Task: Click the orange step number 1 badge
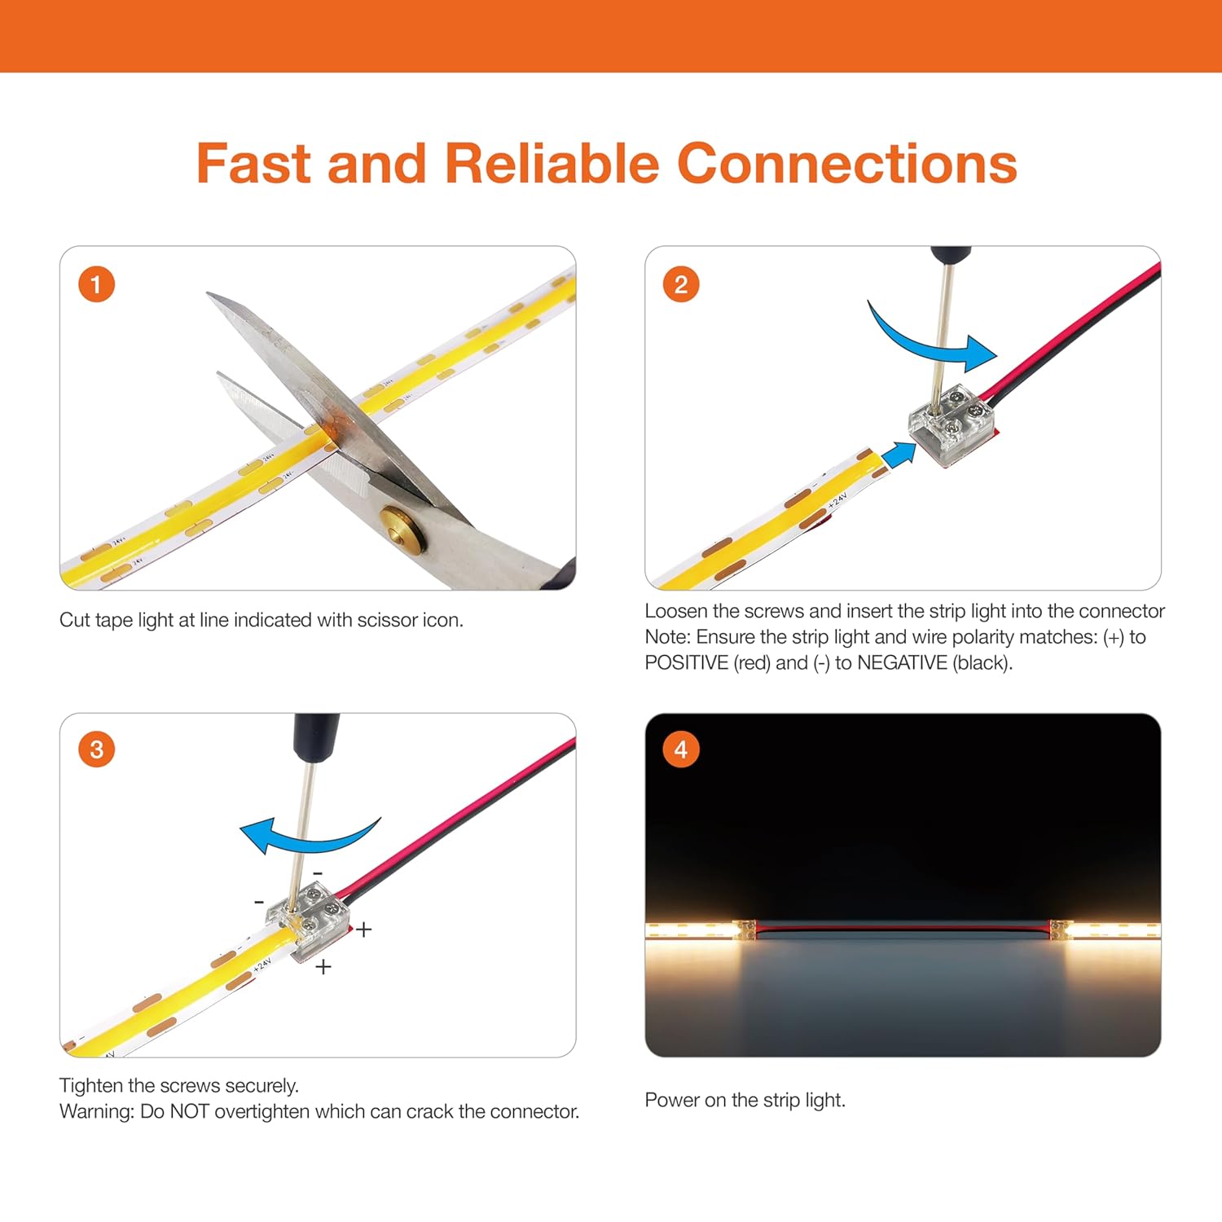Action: [96, 284]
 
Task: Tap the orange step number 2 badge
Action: [681, 284]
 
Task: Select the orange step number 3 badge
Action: [96, 749]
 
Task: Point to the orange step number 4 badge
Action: [681, 749]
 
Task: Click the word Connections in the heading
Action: [846, 164]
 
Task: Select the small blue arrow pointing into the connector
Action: [899, 455]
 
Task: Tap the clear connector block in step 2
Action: [952, 426]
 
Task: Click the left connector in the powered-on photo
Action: [745, 930]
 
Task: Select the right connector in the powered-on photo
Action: [1059, 930]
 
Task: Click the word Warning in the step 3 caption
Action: [96, 1112]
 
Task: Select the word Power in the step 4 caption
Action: [671, 1101]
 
